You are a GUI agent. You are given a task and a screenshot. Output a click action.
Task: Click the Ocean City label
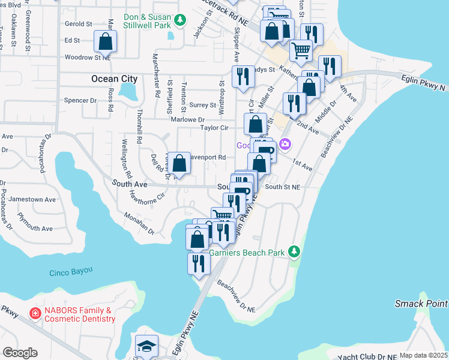pos(114,79)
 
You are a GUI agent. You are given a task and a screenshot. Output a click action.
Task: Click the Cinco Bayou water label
pos(71,271)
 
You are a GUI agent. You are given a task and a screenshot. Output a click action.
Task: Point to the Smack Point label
pos(421,304)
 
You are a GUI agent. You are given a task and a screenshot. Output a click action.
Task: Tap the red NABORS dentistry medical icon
pos(35,314)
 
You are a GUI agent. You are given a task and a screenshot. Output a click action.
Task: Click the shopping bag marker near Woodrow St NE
pos(106,41)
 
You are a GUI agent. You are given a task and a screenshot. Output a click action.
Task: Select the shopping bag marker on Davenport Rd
pos(179,163)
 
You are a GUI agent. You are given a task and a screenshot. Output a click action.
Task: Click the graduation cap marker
pos(146,346)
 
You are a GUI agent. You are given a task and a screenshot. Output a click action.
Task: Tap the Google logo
pos(20,353)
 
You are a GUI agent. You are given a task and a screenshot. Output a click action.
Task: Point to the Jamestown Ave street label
pos(37,199)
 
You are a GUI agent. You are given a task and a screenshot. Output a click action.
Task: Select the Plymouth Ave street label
pos(35,229)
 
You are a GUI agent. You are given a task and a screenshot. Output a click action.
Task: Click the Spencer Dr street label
pos(80,101)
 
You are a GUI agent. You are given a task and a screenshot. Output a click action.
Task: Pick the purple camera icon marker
pos(285,144)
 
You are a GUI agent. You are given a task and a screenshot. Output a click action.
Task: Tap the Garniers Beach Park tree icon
pos(294,251)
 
